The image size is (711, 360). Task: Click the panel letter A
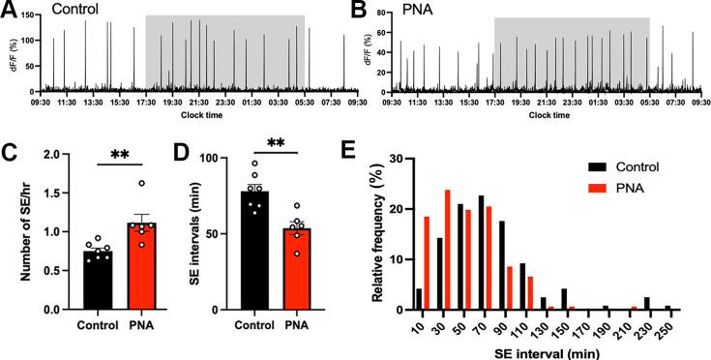coord(11,11)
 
